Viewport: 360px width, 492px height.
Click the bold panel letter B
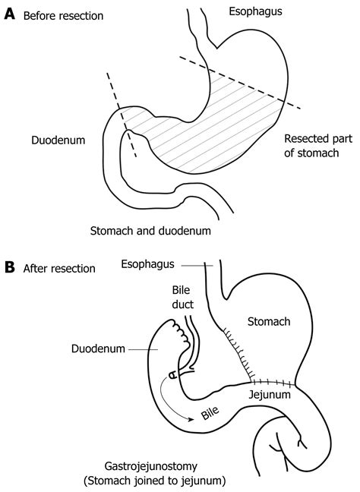[11, 267]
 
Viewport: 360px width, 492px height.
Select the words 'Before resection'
[63, 15]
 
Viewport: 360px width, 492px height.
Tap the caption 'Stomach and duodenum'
[150, 229]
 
